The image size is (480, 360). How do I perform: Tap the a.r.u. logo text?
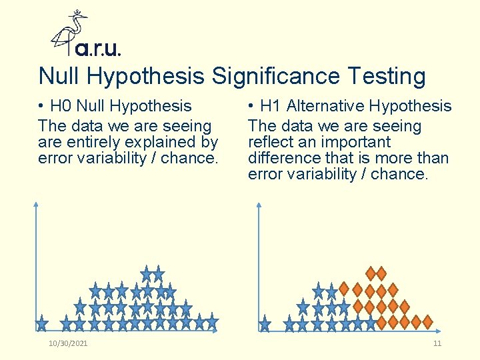click(98, 49)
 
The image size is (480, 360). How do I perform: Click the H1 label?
click(271, 106)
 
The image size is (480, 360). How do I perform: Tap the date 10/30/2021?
click(68, 343)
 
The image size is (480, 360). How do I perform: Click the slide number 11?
click(437, 343)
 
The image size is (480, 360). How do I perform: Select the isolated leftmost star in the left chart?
click(42, 323)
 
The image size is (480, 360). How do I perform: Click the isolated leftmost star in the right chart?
click(265, 324)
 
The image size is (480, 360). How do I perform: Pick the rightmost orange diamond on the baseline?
click(427, 322)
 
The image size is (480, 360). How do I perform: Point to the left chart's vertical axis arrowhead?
click(36, 205)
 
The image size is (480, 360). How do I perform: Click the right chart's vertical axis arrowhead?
click(259, 205)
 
